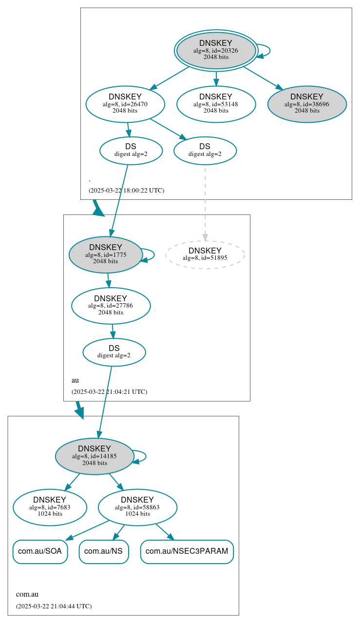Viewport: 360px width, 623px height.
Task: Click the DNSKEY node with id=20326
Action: pyautogui.click(x=216, y=50)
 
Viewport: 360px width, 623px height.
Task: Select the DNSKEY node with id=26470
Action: pyautogui.click(x=125, y=104)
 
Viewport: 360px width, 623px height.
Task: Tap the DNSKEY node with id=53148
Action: pyautogui.click(x=216, y=104)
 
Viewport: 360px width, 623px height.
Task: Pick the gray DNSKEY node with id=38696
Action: pyautogui.click(x=307, y=104)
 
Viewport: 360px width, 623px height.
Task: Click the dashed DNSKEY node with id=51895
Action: pyautogui.click(x=205, y=254)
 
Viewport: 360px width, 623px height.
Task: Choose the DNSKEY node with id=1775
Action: pyautogui.click(x=106, y=254)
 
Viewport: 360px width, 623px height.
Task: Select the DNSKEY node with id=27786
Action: pyautogui.click(x=111, y=306)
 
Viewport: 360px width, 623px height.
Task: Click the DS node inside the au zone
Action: pyautogui.click(x=114, y=352)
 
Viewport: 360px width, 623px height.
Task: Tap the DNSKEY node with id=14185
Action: pyautogui.click(x=95, y=456)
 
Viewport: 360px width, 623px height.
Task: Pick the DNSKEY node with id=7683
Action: pyautogui.click(x=50, y=507)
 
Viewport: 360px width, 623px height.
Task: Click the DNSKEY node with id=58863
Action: pyautogui.click(x=137, y=507)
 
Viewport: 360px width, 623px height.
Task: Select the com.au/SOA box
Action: pyautogui.click(x=40, y=551)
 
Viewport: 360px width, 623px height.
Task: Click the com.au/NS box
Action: pyautogui.click(x=104, y=551)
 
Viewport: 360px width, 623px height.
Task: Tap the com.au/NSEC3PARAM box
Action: pyautogui.click(x=187, y=551)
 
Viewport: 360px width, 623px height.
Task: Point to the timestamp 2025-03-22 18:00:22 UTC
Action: pyautogui.click(x=126, y=191)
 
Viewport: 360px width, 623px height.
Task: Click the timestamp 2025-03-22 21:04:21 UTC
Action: pyautogui.click(x=109, y=391)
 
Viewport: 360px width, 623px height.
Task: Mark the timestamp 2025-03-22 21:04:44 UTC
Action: pyautogui.click(x=54, y=606)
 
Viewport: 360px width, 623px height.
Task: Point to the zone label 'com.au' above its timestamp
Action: pyautogui.click(x=27, y=594)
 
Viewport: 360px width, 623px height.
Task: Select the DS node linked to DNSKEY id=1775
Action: pyautogui.click(x=131, y=151)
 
